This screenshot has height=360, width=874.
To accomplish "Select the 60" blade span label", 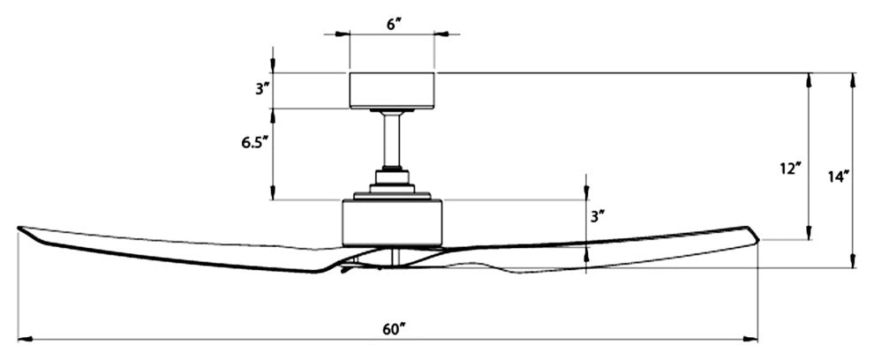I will tap(394, 327).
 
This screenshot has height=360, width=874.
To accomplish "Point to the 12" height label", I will tap(790, 168).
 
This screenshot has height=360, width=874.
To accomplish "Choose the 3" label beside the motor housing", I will tap(598, 215).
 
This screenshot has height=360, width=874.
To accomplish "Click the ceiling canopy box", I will tap(393, 90).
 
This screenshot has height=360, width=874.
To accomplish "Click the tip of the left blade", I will tap(19, 229).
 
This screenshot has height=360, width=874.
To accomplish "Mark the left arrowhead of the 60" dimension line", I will tap(22, 337).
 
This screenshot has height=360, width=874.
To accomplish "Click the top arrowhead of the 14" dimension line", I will tap(852, 78).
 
